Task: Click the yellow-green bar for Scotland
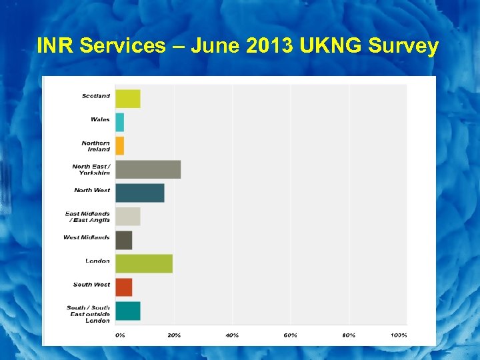(x=128, y=99)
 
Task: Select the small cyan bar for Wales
(x=120, y=122)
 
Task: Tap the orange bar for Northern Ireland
(x=120, y=145)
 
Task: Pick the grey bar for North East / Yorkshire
(x=148, y=169)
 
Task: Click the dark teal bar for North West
(x=140, y=193)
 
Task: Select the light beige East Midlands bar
(x=128, y=216)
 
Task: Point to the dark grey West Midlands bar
(x=124, y=240)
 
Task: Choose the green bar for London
(x=144, y=263)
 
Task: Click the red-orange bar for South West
(x=124, y=287)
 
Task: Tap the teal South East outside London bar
(x=128, y=311)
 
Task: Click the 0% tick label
(x=120, y=335)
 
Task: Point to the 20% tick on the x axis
(x=174, y=335)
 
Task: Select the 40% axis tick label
(x=232, y=335)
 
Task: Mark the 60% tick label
(x=291, y=335)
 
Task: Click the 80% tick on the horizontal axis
(x=349, y=335)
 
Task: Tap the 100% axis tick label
(x=399, y=335)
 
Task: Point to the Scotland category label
(x=96, y=96)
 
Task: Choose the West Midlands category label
(x=87, y=237)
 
